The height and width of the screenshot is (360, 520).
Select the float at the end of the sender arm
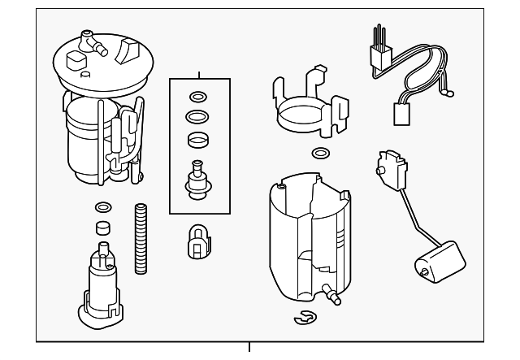tap(433, 264)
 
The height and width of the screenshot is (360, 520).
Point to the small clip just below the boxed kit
tap(198, 241)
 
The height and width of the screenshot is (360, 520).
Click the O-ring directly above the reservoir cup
tap(322, 153)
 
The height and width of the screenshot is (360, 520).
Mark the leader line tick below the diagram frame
tap(249, 349)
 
